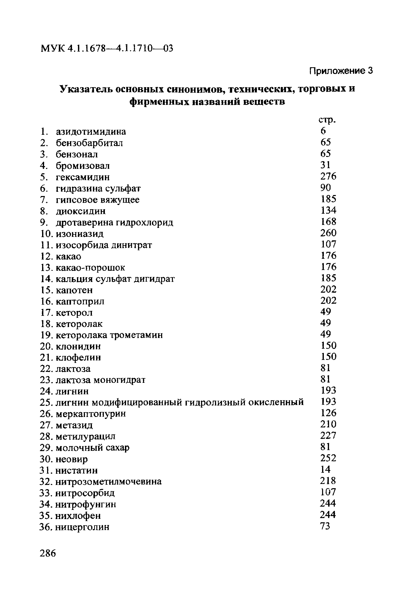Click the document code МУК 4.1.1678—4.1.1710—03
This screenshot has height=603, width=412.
(107, 48)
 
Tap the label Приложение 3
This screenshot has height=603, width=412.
(341, 71)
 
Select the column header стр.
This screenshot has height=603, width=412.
(327, 120)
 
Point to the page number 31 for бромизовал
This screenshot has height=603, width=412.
(325, 165)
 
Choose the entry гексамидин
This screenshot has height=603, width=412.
(83, 177)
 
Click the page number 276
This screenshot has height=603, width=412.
(328, 176)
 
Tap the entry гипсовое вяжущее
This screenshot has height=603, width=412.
(98, 200)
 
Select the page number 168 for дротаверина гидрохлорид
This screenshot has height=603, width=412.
(328, 222)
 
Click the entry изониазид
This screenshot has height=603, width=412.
(80, 234)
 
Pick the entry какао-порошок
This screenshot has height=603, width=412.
(90, 268)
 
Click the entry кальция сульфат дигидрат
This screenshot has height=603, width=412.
(115, 279)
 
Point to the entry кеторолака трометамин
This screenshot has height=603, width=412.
(109, 335)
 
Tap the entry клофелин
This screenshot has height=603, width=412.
(78, 358)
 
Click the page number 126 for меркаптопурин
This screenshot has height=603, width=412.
(328, 413)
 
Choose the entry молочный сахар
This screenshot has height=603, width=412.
(92, 448)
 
